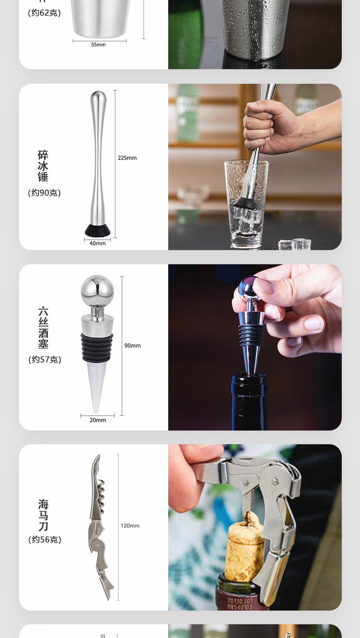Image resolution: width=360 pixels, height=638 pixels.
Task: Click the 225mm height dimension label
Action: coord(127,158)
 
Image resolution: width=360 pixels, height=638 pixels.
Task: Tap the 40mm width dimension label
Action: coord(98,243)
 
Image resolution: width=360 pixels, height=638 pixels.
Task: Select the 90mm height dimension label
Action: coord(133,345)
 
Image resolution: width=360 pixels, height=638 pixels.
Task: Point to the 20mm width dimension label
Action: coord(98,420)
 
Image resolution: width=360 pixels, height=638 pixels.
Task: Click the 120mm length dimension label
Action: coord(130,525)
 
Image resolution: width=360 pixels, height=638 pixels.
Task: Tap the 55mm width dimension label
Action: coord(98,45)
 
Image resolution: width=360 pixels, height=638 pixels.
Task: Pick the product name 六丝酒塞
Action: coord(43,328)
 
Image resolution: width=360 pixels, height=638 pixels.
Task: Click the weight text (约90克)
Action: coord(44,193)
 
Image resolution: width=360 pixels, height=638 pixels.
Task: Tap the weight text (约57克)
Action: coord(44,360)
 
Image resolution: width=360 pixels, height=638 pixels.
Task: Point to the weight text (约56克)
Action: coord(44,540)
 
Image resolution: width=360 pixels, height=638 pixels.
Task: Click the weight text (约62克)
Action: coord(44,13)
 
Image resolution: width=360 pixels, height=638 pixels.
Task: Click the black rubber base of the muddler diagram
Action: coord(98,230)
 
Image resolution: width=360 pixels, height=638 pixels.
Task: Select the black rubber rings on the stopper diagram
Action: coord(97,347)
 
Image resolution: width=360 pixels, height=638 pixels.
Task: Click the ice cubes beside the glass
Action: coord(295,244)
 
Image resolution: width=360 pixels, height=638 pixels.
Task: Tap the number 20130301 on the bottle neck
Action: coord(240,601)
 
